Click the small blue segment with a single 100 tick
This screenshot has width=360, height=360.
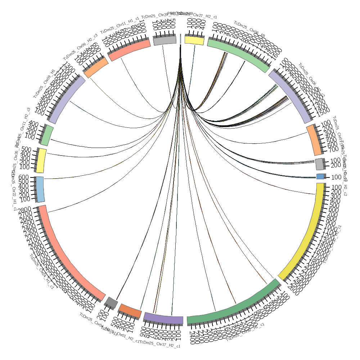pos(320,176)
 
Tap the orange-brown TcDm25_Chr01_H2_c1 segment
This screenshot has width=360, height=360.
pos(130,311)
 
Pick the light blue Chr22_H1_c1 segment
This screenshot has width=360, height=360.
pos(40,189)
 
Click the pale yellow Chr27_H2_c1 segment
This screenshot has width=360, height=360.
pos(194,40)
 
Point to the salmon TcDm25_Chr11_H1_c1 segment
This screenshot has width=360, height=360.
pos(130,50)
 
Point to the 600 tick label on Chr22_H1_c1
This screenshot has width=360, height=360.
pos(24,177)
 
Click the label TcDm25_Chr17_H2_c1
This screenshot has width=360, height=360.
pos(160,344)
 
